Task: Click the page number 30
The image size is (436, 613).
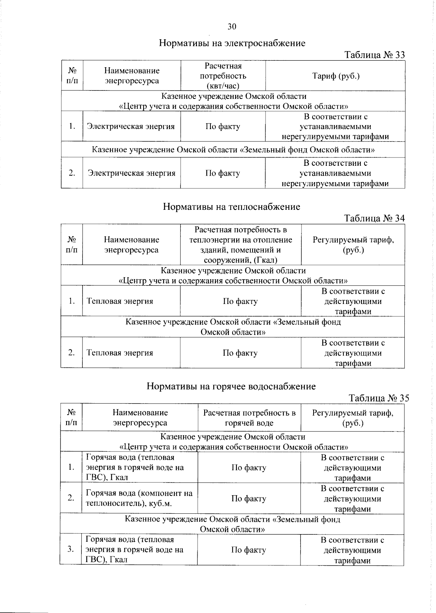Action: pos(232,27)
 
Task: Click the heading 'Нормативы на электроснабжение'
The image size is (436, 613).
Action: pos(232,43)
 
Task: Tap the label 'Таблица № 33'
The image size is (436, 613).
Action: pos(374,55)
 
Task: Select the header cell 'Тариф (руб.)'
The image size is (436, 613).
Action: pos(336,76)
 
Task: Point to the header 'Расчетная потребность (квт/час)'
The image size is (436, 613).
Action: pos(223,76)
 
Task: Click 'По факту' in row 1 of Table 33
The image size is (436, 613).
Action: pos(223,127)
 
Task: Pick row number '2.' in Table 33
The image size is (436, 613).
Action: pos(72,173)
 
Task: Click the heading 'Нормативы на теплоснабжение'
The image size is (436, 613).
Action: pos(231,207)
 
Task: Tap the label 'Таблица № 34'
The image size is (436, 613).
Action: pos(374,218)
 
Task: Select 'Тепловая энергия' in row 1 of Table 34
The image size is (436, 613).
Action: pos(120,301)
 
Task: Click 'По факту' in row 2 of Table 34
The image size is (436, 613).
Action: pos(240,353)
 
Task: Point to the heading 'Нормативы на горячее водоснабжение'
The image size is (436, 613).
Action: pos(231,386)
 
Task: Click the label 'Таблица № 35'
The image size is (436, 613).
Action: pos(379,398)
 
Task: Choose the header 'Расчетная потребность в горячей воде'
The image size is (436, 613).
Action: pos(249,418)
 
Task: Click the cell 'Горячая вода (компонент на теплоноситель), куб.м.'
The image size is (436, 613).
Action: pos(139,498)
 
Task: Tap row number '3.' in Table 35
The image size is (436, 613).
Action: pos(70,549)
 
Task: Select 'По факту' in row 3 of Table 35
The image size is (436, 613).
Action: pos(249,550)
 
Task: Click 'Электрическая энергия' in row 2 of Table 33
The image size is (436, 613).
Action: pos(132,173)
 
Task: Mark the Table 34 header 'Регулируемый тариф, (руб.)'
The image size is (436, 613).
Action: pos(353,245)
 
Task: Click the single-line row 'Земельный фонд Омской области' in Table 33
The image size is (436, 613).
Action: pos(233,150)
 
